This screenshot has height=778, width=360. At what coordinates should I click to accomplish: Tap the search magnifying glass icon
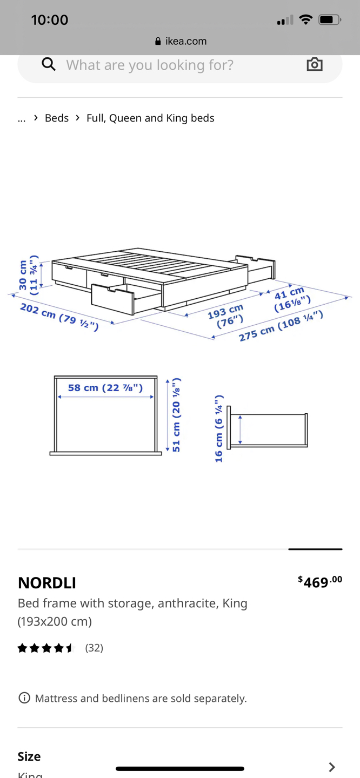pos(49,64)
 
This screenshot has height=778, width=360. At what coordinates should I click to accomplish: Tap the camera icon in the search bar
pos(315,64)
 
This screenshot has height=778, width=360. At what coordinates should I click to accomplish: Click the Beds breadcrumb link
pos(57,118)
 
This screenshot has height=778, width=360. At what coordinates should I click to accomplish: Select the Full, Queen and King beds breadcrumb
pos(150,118)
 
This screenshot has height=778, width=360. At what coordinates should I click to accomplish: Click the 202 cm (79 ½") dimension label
pos(59,317)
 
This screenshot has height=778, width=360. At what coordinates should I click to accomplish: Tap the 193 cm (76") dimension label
pos(226,316)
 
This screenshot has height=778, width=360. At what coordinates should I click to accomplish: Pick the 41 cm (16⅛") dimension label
pos(292,299)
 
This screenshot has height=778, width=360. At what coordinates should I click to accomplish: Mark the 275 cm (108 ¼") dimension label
pos(281,326)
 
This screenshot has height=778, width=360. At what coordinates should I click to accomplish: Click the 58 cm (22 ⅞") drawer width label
pos(105,387)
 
